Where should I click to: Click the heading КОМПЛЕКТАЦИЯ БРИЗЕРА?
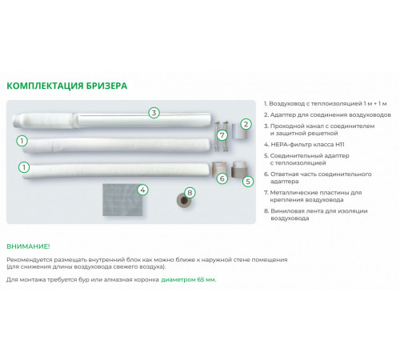pos(66,86)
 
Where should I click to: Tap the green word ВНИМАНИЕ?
pos(28,246)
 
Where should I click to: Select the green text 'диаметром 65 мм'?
pos(188,280)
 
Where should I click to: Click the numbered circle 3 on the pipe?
pos(154,113)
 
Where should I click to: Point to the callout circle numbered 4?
pos(142,190)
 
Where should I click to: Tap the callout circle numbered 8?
pos(190,193)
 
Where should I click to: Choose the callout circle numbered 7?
pos(222,135)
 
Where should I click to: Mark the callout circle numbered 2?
pos(246,124)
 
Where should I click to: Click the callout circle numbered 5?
pos(248,182)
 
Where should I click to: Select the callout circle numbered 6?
pos(222,178)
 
